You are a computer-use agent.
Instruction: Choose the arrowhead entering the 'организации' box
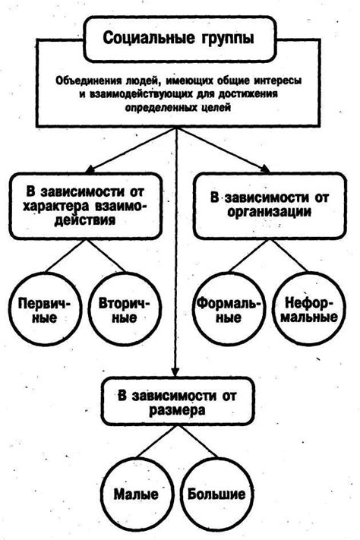(x=265, y=170)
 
